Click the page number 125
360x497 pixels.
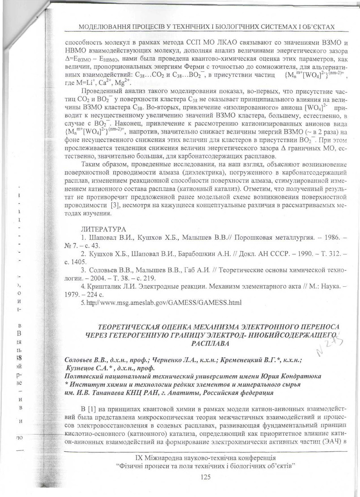(205, 477)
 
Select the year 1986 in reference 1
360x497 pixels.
(323, 238)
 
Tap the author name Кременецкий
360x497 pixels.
(240, 360)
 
